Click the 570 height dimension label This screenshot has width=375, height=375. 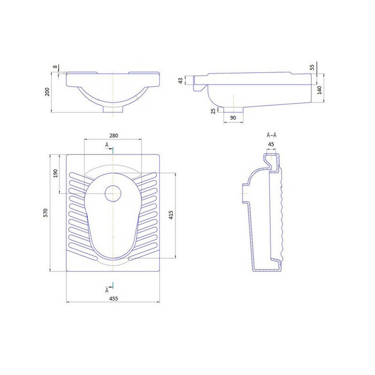pos(45,213)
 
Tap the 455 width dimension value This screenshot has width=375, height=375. pos(113,299)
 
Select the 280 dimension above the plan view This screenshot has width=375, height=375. pos(113,135)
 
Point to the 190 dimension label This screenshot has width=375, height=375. pos(55,173)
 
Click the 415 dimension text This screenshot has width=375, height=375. pos(171,215)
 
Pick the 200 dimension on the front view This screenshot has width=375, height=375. pos(47,92)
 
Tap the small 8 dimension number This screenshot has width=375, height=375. pos(55,67)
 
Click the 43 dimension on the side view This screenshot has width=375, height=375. pos(181,80)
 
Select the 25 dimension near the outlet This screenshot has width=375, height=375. pos(213,111)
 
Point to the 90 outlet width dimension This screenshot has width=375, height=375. pos(233,118)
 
